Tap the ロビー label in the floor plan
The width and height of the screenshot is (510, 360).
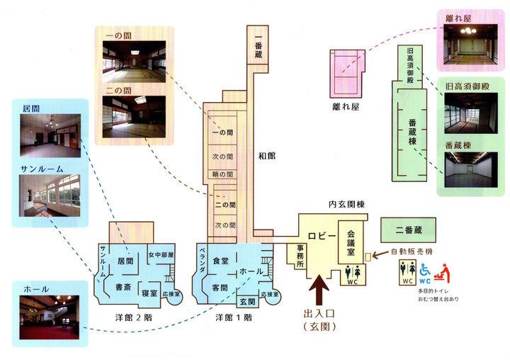[x=319, y=236]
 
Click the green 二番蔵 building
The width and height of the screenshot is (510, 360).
[x=408, y=230]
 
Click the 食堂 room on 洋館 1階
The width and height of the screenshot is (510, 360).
[x=220, y=261]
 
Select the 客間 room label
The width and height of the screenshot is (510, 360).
[x=220, y=287]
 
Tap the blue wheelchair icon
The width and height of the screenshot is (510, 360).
[x=426, y=270]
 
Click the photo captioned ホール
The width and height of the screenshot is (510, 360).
[x=49, y=317]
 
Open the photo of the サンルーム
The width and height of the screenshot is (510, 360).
[x=49, y=196]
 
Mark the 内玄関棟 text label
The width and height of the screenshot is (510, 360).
[x=346, y=204]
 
